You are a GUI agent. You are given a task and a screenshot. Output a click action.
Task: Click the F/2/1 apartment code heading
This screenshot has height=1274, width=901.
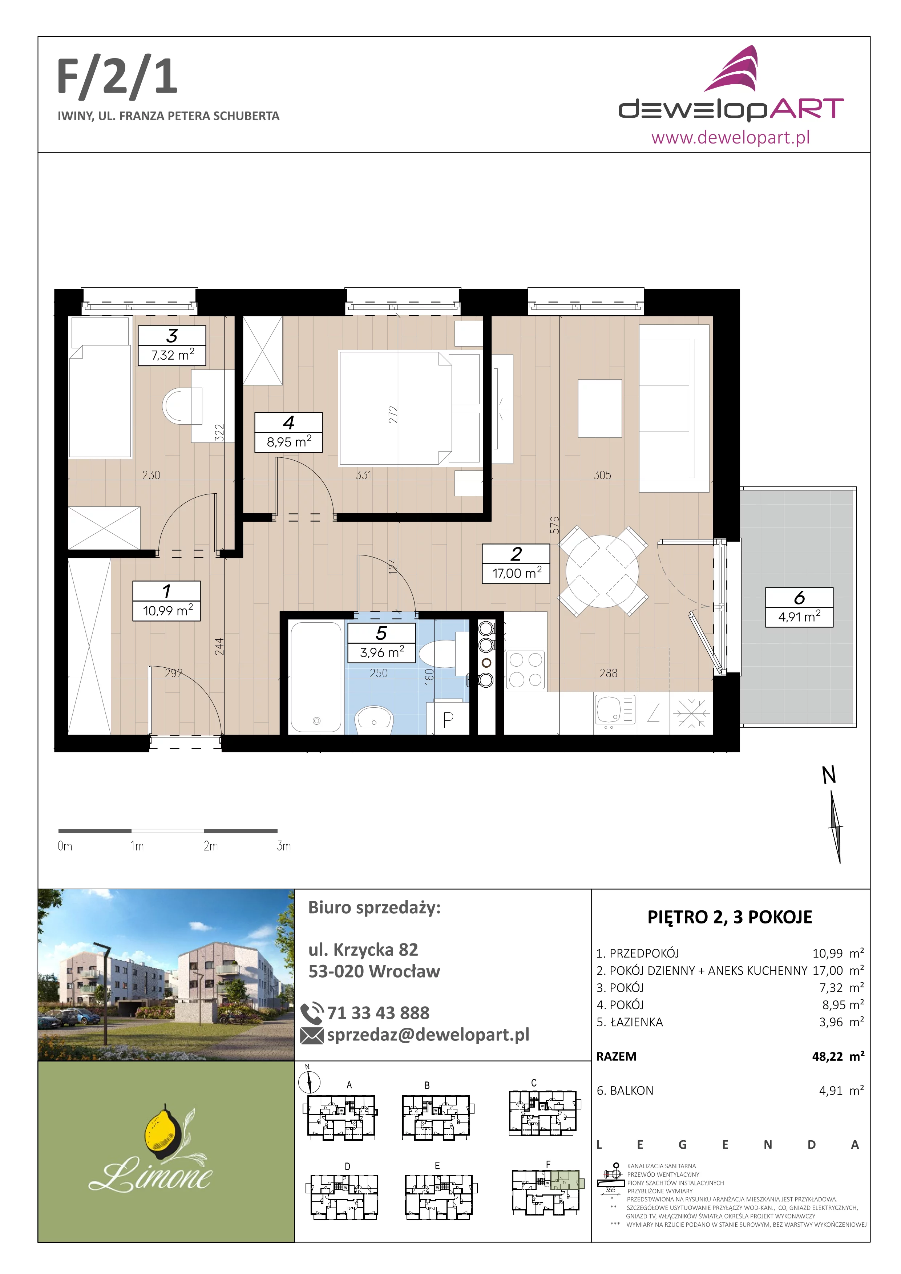point(117,78)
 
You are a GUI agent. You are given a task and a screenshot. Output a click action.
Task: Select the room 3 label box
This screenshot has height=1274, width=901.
point(172,345)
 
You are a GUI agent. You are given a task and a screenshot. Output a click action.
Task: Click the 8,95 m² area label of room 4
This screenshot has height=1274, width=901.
point(288,442)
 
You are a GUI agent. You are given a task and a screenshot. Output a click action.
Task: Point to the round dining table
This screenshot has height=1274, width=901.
point(602,571)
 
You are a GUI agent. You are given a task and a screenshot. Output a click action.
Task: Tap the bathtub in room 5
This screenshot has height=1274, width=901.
point(316,677)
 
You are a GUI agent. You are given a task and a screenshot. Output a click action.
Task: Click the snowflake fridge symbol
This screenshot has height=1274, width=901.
point(691,712)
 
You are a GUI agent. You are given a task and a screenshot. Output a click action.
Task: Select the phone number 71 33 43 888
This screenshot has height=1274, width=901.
point(378,1013)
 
